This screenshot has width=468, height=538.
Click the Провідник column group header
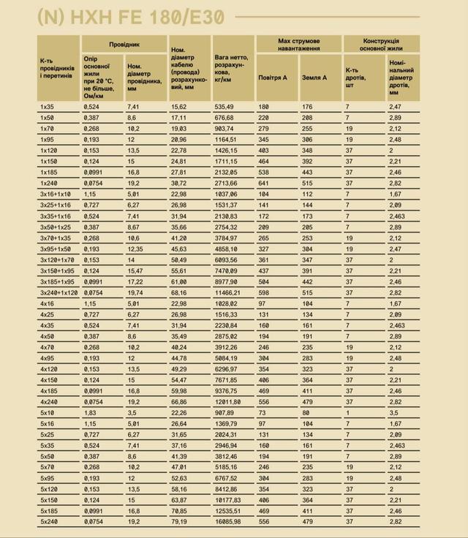[124, 45]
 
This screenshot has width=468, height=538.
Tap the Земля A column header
[314, 77]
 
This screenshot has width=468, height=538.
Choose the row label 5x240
[49, 521]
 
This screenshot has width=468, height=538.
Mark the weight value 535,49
[224, 107]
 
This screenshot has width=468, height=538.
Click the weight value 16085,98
[227, 521]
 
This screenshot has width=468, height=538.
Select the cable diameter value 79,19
[178, 521]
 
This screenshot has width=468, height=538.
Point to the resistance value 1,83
[91, 412]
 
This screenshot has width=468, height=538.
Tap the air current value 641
[263, 183]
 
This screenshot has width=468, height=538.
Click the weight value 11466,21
[227, 292]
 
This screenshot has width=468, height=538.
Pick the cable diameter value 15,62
[178, 107]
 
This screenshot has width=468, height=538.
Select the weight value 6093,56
[226, 259]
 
